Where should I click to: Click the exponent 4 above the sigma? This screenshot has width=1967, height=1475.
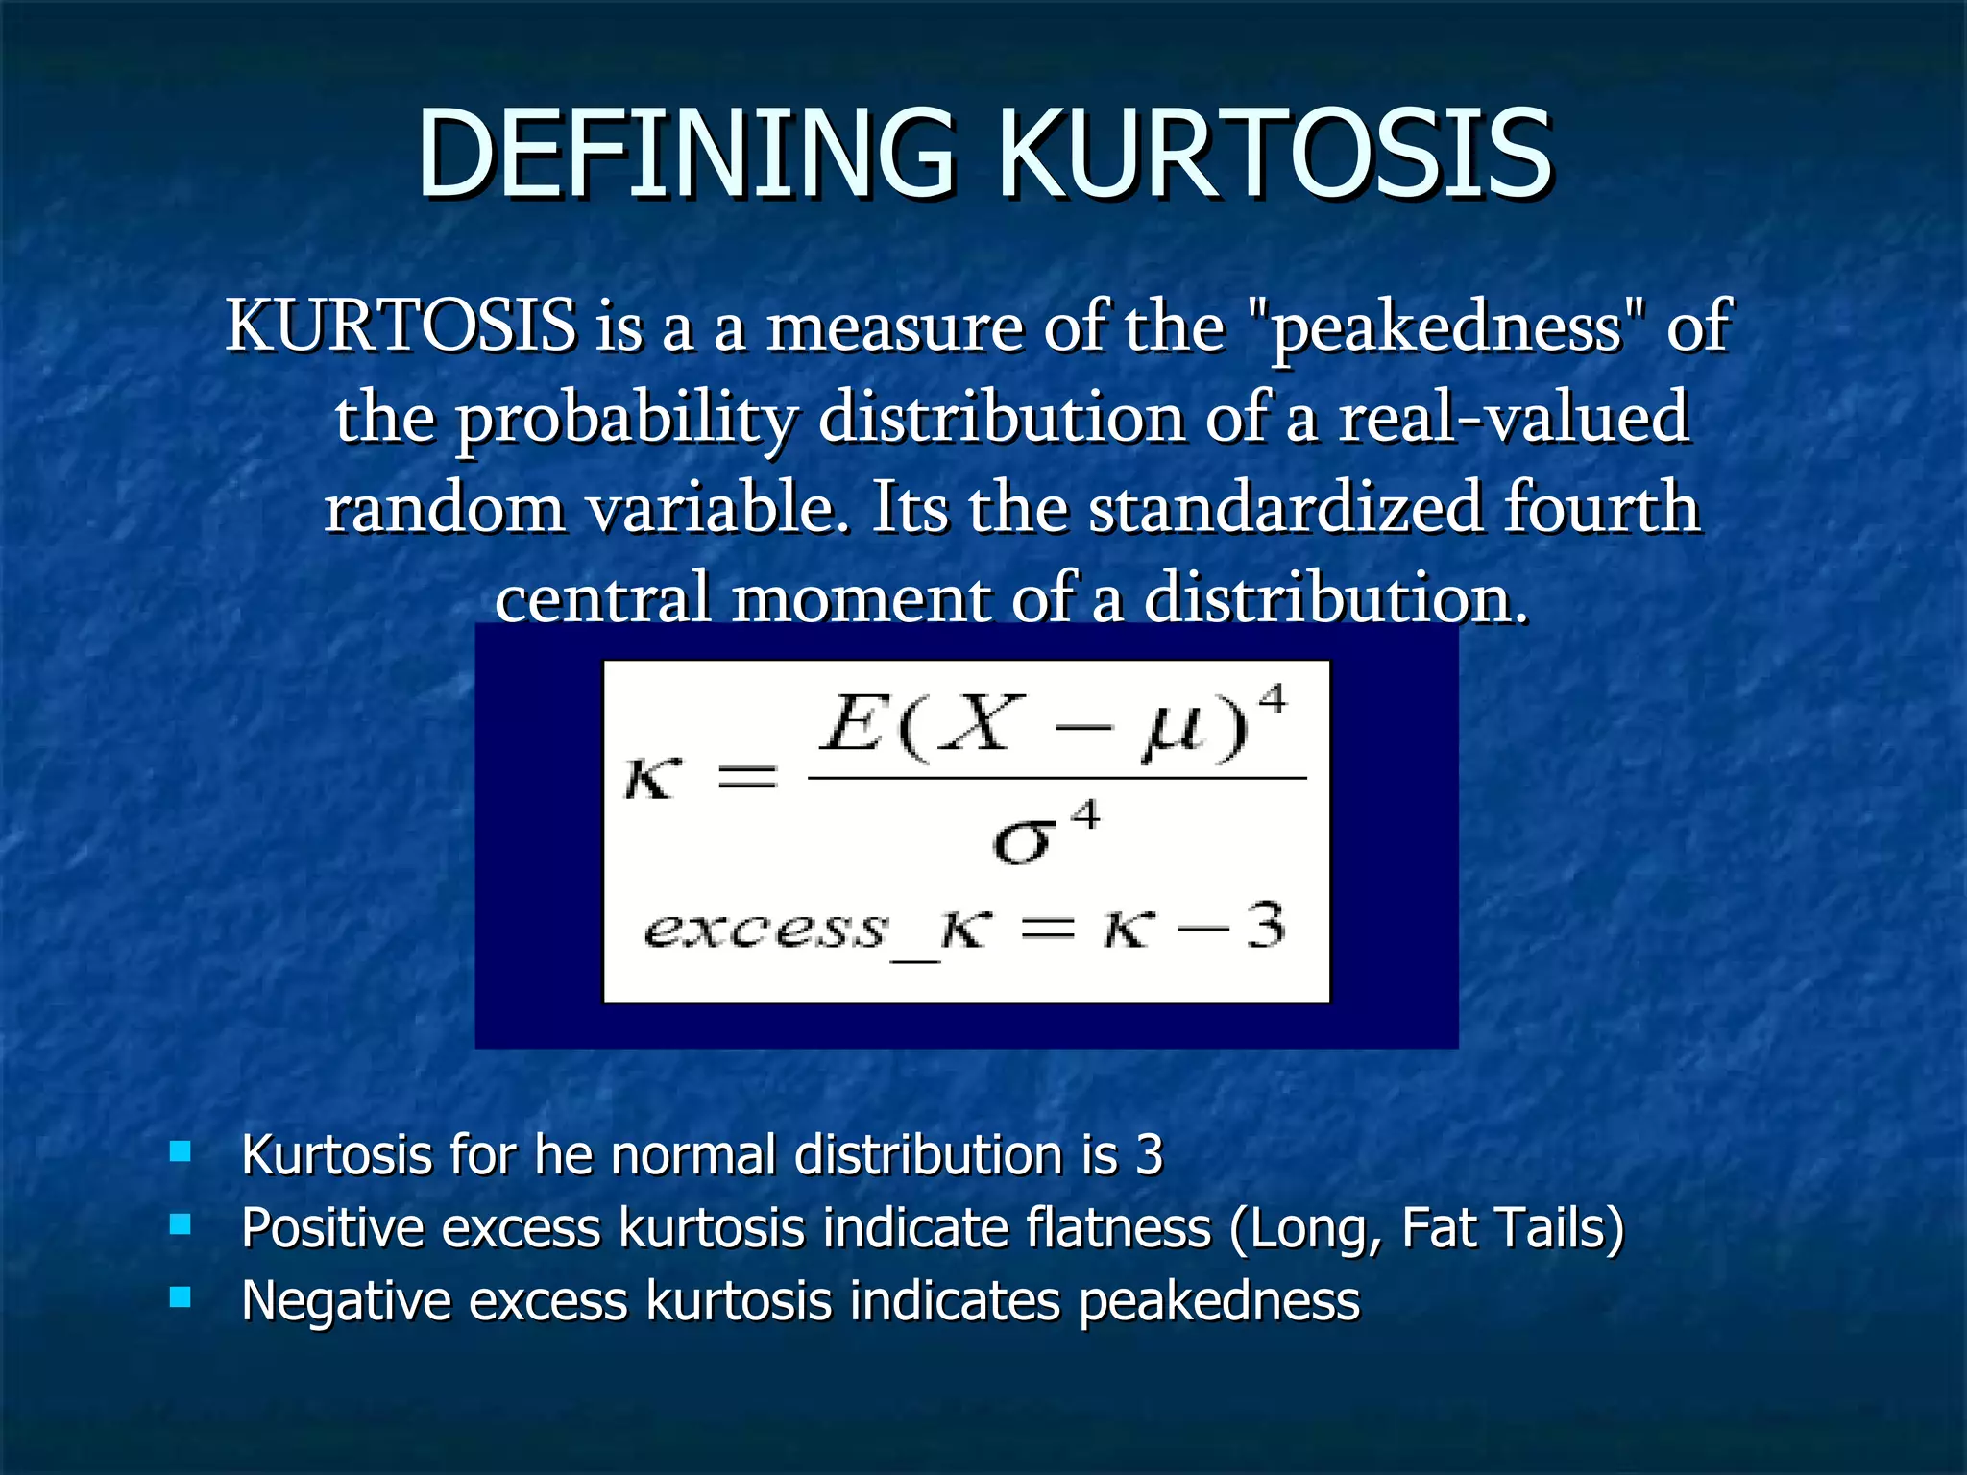1084,817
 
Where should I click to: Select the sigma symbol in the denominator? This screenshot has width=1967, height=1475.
1022,844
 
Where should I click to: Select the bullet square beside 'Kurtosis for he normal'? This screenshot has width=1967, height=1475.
180,1150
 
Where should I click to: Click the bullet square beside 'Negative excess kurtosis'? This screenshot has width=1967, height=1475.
180,1298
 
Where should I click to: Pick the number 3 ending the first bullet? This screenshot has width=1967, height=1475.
1149,1154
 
